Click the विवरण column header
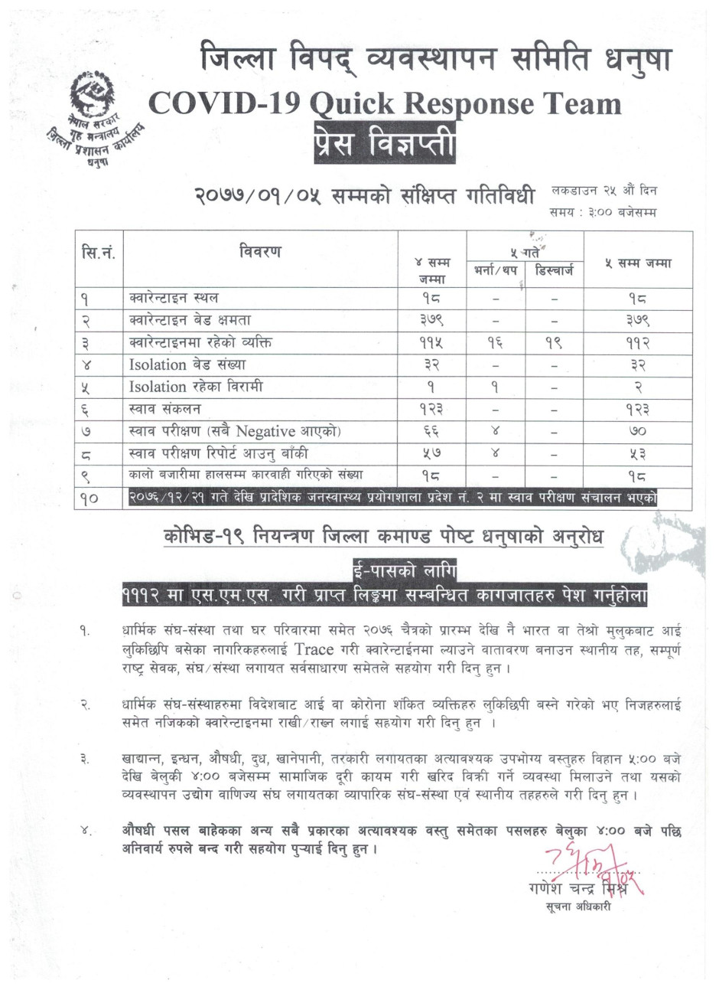click(x=260, y=251)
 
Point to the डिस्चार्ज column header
click(x=554, y=271)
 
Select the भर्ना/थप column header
click(x=495, y=271)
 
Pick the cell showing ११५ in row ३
click(x=431, y=342)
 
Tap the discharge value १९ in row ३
click(x=554, y=342)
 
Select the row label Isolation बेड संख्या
click(x=187, y=364)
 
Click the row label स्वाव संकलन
click(x=165, y=410)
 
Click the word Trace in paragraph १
click(x=314, y=649)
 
